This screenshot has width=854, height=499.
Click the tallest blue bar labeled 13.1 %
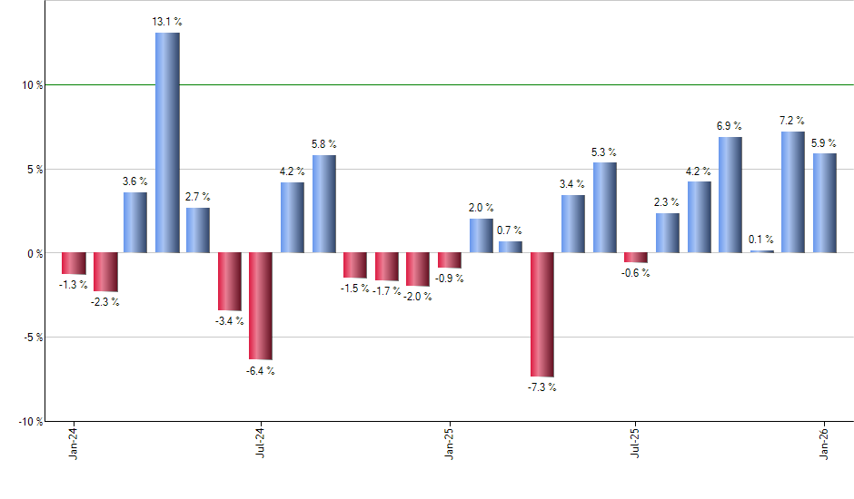pos(167,142)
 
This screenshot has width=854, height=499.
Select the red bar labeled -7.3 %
pos(542,314)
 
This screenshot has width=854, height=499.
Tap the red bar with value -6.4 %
pos(261,306)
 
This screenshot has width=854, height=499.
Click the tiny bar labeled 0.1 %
pos(761,251)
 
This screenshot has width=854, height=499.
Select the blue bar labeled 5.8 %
pos(323,203)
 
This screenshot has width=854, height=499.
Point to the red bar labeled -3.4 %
pos(229,281)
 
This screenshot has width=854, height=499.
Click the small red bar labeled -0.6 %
pos(636,258)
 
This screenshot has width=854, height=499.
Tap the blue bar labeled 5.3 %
pos(605,207)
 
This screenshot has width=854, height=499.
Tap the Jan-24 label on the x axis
pos(73,444)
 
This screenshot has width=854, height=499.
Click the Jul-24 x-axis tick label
pos(261,444)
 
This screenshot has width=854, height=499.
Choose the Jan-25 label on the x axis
pos(449,444)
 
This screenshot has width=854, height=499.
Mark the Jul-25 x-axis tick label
pos(636,444)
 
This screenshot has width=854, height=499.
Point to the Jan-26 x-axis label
pos(824,444)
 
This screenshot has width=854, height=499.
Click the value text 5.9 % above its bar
pos(824,142)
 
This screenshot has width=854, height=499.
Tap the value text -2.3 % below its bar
pos(104,302)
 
